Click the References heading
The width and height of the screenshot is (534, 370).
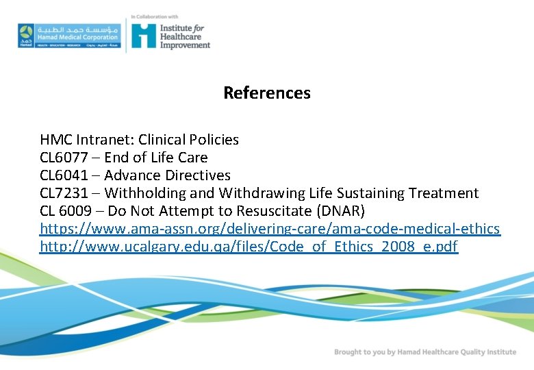click(267, 93)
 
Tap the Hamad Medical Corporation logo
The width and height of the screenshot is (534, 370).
click(68, 35)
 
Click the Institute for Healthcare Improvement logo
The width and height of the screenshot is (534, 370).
click(170, 35)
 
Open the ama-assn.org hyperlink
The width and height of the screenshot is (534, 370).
click(270, 229)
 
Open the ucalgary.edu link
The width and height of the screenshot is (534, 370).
click(249, 247)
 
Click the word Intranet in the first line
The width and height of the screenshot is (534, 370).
click(103, 140)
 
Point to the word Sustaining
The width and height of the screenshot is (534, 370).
click(383, 193)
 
